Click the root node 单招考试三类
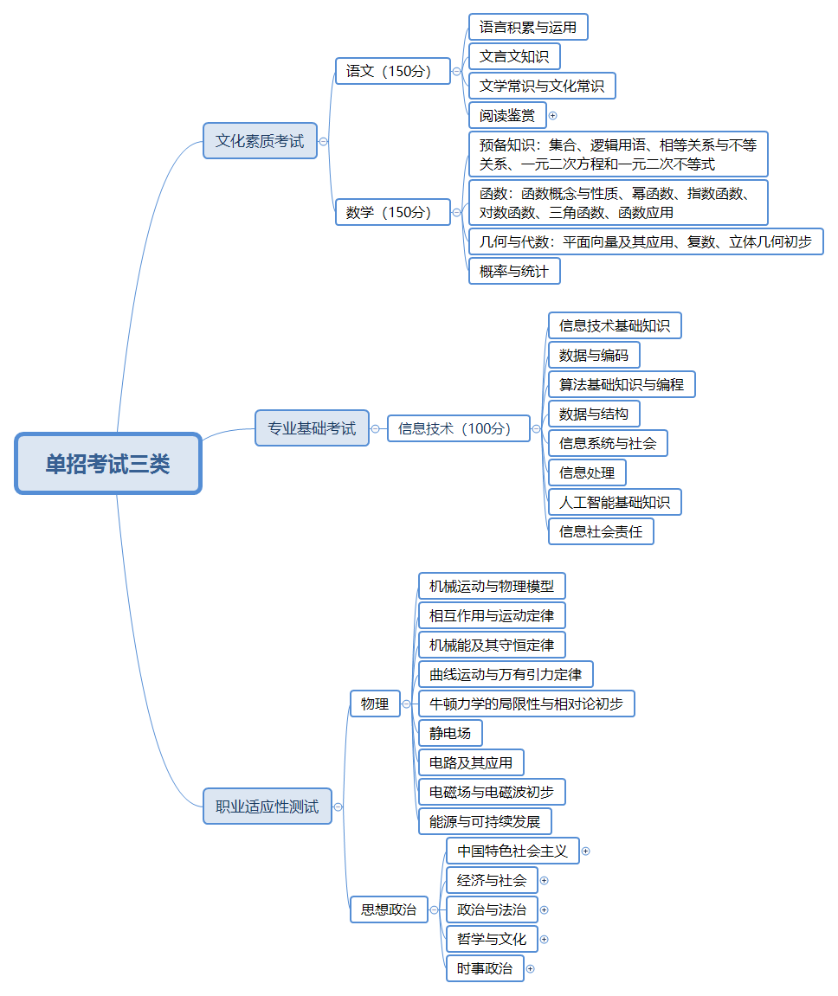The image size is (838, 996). point(108,464)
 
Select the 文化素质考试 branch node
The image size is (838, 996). point(260,141)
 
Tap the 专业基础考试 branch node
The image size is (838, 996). point(312,428)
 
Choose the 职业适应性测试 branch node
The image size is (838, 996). point(267,806)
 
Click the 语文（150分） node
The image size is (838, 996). point(393,71)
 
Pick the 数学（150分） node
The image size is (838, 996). point(393,212)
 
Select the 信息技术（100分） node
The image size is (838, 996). point(458,428)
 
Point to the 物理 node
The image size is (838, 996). point(375,704)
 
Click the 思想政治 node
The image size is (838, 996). point(389,909)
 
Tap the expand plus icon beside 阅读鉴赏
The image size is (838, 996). point(553,115)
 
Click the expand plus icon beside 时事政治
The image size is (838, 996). point(531,968)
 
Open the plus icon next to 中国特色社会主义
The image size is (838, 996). point(586,851)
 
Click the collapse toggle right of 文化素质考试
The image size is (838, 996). point(324,141)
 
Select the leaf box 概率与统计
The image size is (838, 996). point(514,272)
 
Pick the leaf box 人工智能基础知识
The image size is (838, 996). point(615,502)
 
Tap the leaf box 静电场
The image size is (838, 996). point(450,734)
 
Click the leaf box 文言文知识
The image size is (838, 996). point(514,57)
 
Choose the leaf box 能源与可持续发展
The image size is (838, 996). point(485,821)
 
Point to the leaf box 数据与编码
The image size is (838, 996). point(594,355)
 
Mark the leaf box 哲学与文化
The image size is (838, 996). point(492,939)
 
